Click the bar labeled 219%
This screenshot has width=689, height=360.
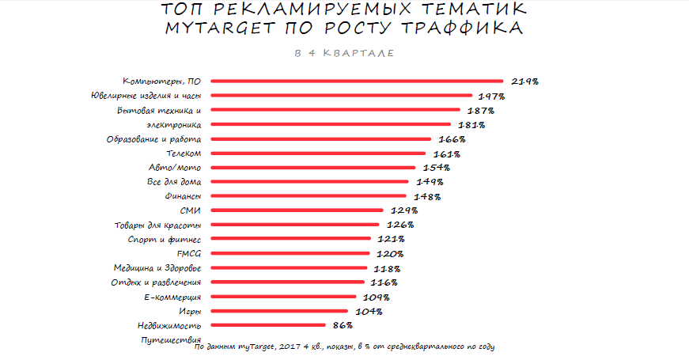pos(357,81)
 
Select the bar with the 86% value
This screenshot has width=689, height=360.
pos(268,325)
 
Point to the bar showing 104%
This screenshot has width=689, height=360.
pos(279,311)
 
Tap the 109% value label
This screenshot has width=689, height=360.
pos(377,297)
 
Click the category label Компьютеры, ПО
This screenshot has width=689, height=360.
pos(161,81)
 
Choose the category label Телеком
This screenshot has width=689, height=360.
pos(184,153)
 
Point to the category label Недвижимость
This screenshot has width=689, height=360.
pos(168,325)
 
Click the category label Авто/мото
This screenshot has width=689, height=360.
pos(175,168)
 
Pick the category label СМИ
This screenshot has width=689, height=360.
pos(191,210)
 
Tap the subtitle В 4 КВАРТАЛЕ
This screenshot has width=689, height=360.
pos(343,53)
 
